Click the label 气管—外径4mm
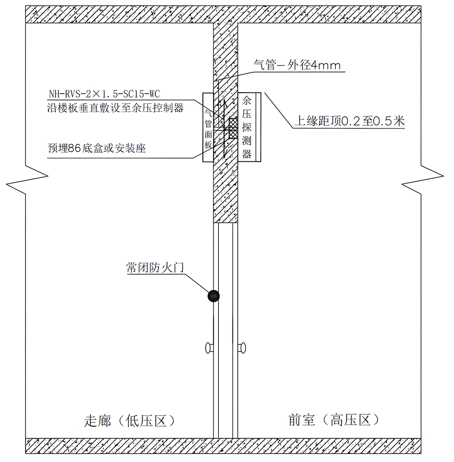[297, 65]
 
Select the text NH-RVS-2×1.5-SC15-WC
[104, 94]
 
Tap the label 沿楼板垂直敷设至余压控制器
[115, 108]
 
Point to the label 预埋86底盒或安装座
[97, 148]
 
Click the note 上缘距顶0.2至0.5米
[350, 121]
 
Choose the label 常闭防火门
[155, 267]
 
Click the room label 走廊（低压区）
[130, 421]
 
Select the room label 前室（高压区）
[334, 420]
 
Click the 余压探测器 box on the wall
[249, 127]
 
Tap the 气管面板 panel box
[208, 127]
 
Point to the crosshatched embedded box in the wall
[233, 129]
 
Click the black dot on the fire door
[213, 296]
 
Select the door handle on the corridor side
[209, 348]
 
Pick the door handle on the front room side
[242, 348]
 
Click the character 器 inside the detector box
[247, 154]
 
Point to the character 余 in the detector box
[247, 100]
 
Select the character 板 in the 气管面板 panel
[208, 144]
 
